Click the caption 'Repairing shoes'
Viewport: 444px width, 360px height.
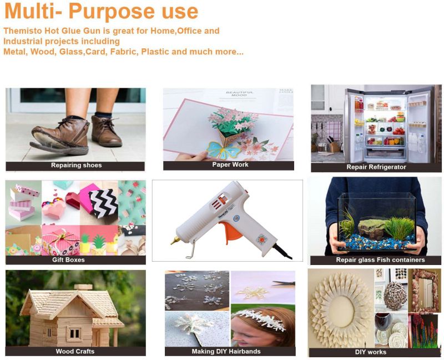76,165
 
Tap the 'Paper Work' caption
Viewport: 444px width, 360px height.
230,164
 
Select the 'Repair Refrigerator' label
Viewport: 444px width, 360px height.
376,167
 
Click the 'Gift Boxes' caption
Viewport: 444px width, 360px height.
68,259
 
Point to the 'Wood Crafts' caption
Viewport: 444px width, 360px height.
75,352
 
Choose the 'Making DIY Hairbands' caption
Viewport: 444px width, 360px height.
226,352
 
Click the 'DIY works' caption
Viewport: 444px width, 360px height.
370,352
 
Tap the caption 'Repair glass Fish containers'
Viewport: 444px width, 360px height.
380,260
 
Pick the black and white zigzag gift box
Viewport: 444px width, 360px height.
104,203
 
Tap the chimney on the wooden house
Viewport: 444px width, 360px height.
83,287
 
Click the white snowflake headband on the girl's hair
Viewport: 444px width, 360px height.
258,319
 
